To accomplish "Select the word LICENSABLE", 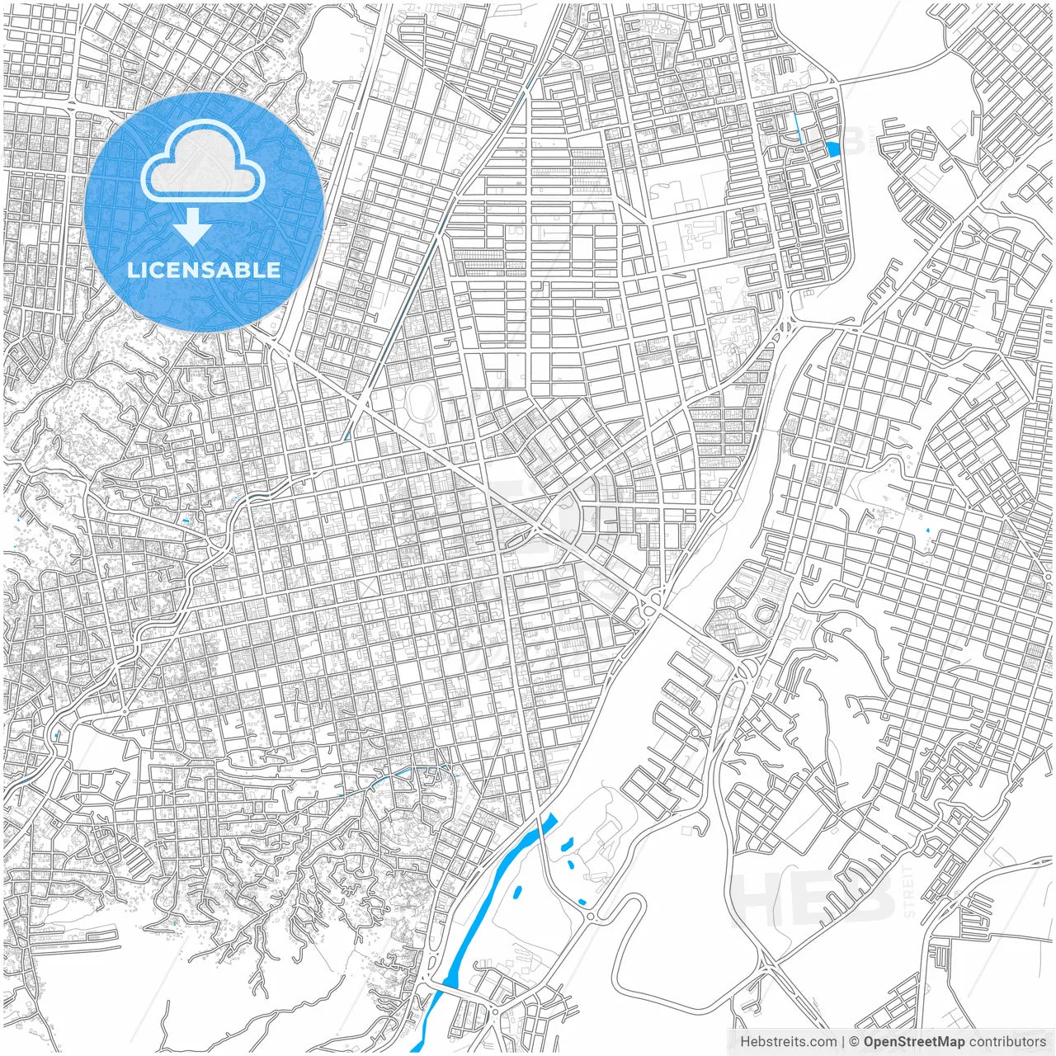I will (204, 270).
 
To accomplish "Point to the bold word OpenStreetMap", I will (914, 1042).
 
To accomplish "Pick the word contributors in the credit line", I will (1007, 1042).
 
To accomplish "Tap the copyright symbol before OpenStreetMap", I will (855, 1042).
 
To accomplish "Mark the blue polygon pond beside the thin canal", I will (833, 149).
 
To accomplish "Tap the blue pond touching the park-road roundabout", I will (583, 902).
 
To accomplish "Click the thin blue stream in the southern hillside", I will (404, 773).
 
